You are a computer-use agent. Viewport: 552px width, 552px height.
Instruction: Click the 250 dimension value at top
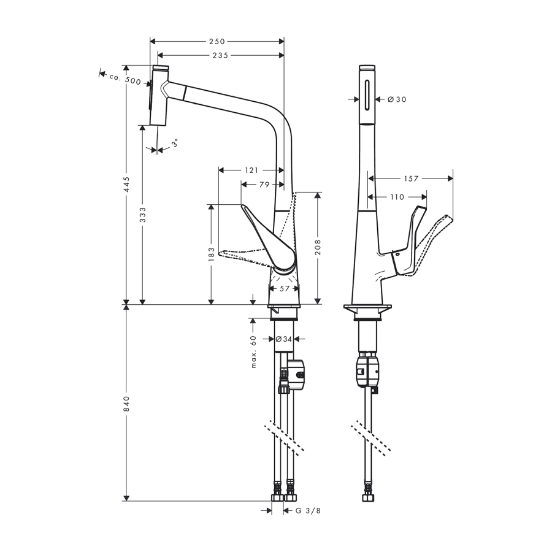coord(217,42)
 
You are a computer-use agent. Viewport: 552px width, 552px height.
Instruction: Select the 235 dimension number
coord(220,55)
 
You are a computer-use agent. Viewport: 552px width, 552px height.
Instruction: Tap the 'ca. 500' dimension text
coord(126,80)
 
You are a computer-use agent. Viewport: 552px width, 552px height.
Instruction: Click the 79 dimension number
coord(264,184)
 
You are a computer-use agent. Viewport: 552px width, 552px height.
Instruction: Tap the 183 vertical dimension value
coord(211,255)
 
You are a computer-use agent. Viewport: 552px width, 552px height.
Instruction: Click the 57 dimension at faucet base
coord(285,288)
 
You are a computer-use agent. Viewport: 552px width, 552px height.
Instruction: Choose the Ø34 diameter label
coord(283,339)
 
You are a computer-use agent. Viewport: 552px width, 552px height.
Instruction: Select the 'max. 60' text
coord(253,351)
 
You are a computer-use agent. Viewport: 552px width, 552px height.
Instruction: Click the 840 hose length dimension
coord(126,402)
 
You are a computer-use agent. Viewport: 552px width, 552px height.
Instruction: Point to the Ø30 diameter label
coord(397,99)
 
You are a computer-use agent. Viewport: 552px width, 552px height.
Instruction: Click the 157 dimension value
coord(411,178)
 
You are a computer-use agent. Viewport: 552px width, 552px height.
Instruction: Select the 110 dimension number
coord(397,197)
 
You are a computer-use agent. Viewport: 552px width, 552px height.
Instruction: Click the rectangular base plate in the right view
coord(367,307)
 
